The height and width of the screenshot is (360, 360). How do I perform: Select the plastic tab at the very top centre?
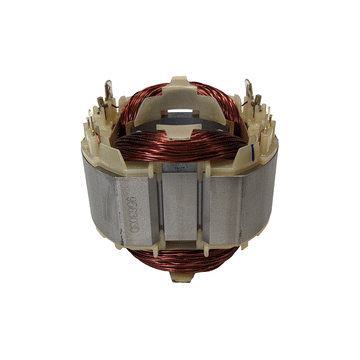[x=180, y=79]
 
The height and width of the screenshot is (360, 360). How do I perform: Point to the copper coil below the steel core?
[x=180, y=262]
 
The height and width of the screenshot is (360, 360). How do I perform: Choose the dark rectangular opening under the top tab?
[x=181, y=98]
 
